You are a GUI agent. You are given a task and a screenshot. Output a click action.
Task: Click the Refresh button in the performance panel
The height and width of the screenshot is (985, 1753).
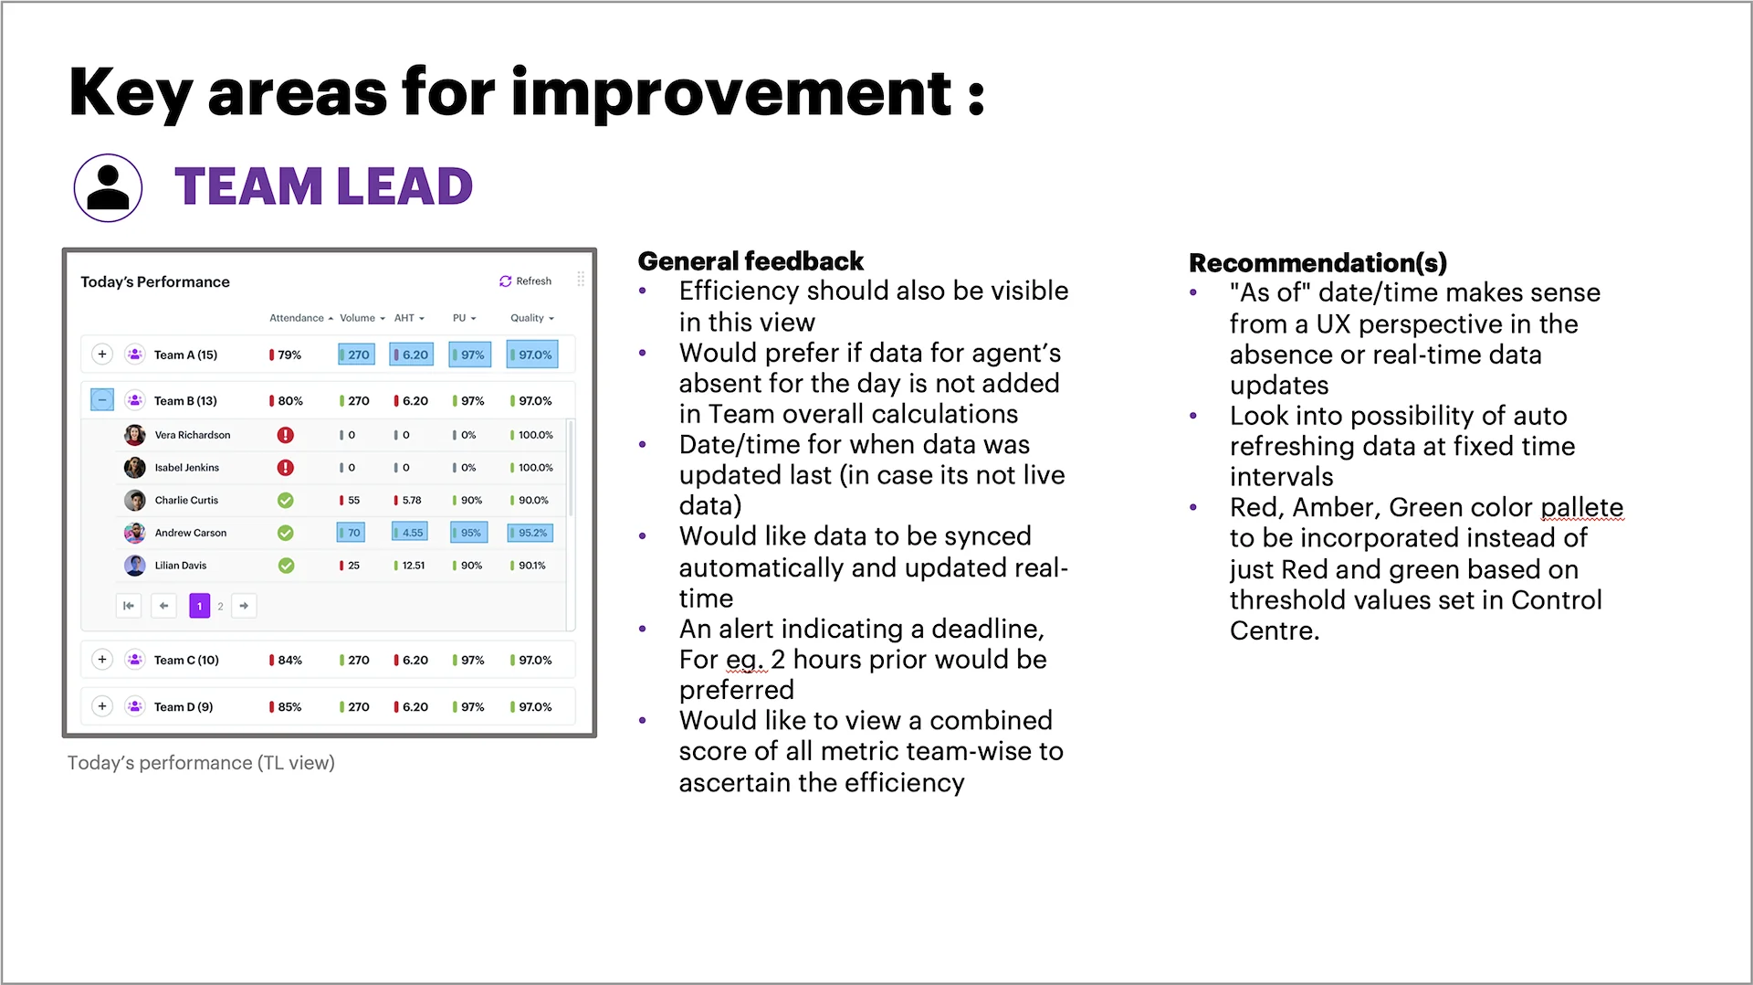[x=526, y=281]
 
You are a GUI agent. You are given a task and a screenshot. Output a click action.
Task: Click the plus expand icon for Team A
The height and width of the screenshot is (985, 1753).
[x=102, y=355]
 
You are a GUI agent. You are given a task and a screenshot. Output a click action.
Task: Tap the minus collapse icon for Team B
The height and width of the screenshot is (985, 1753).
[x=102, y=400]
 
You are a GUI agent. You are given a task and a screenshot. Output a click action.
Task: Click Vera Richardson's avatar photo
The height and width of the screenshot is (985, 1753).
[x=135, y=435]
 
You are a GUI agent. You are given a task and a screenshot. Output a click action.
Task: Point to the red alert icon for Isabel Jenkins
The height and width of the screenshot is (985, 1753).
[x=286, y=468]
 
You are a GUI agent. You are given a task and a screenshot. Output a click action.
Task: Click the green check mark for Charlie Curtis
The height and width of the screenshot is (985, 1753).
[x=286, y=501]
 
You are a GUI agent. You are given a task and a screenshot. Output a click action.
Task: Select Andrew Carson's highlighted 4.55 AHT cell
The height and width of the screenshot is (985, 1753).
[x=409, y=533]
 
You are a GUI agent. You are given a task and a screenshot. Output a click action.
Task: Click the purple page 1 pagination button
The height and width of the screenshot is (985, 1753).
[x=200, y=606]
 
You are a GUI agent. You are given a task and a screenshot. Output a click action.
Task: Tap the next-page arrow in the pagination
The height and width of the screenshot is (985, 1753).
[x=244, y=606]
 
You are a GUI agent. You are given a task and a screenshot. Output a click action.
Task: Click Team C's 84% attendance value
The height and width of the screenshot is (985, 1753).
[x=286, y=660]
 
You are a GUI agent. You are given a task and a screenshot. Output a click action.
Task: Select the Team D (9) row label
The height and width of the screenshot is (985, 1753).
[x=184, y=706]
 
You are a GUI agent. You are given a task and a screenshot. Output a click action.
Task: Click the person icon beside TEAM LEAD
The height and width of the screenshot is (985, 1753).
[x=108, y=187]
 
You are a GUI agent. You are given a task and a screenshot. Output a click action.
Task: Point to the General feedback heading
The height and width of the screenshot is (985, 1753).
[x=751, y=261]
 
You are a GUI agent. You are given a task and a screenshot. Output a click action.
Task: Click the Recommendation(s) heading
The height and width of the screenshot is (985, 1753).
[x=1317, y=263]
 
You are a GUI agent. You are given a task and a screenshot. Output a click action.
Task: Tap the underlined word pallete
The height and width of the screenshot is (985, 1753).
[x=1582, y=507]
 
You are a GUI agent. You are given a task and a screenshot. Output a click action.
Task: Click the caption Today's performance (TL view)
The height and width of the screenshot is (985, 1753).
[x=201, y=763]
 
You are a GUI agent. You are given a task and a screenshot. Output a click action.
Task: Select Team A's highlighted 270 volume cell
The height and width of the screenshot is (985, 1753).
[x=356, y=355]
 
